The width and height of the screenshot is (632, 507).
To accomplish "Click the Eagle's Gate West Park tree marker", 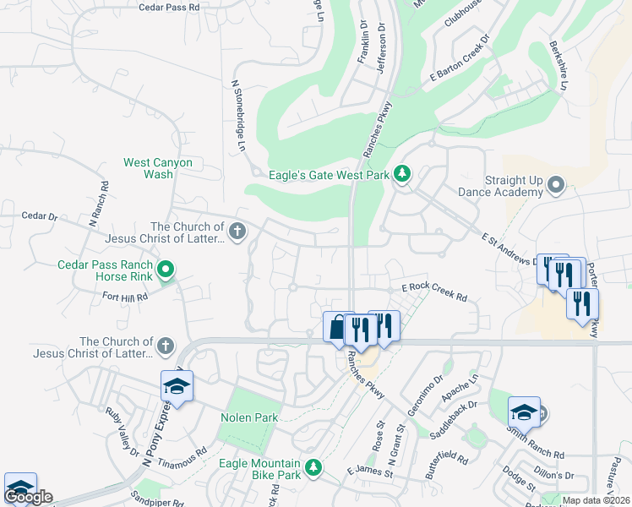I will [x=403, y=174].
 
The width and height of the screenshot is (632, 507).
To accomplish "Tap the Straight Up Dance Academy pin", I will [x=555, y=184].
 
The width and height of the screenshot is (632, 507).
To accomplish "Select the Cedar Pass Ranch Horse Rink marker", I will [x=166, y=270].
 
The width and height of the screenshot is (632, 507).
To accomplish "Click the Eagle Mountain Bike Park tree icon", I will [x=313, y=466].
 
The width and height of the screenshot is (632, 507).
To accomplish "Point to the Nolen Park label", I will [x=249, y=418].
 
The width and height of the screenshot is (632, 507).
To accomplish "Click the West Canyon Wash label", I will [x=158, y=168].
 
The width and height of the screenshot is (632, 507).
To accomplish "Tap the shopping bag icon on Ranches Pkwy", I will [x=337, y=326].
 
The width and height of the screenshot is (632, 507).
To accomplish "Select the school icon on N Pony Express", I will [x=177, y=385].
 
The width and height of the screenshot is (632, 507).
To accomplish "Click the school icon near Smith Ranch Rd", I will [x=524, y=412].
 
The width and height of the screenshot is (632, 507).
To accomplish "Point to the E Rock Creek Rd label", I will [x=434, y=292].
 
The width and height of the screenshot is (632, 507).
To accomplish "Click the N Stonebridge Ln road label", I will [x=237, y=117].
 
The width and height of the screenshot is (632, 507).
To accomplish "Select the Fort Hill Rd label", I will [x=125, y=297].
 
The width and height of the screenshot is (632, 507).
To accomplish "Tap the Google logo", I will [x=29, y=496].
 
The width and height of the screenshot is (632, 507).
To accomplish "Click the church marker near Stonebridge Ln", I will [x=238, y=231].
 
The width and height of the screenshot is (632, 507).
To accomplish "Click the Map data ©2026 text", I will [x=597, y=500].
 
